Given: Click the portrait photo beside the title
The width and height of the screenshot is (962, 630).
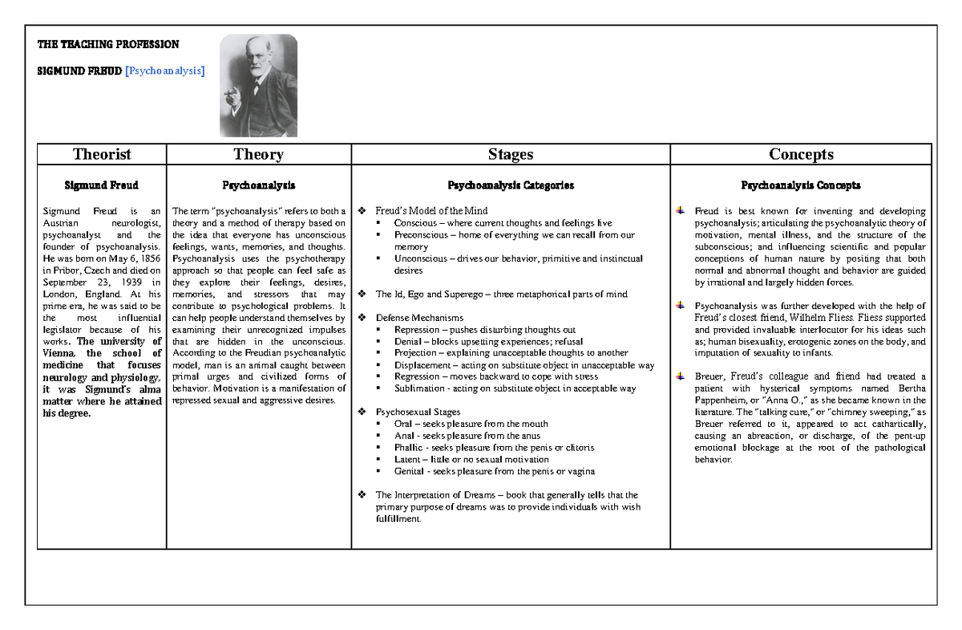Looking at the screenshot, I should tap(258, 85).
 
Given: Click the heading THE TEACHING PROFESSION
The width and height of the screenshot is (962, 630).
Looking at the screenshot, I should tap(108, 44).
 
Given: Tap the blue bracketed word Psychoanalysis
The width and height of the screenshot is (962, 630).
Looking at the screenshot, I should tap(165, 71).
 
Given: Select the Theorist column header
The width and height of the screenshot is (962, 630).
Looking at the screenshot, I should tap(102, 154).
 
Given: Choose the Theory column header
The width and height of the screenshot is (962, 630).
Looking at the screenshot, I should tap(258, 154).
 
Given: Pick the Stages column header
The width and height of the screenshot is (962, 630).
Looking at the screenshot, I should tap(510, 154).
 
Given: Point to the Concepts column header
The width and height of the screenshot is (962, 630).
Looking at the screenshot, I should tap(801, 154).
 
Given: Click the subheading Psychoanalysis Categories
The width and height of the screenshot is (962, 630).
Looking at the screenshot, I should tap(510, 185).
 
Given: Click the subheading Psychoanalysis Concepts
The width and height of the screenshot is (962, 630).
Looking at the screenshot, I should tap(801, 185).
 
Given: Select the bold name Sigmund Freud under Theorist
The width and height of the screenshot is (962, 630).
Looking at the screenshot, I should tap(102, 185).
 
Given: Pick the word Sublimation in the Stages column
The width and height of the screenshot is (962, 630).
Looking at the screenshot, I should tap(419, 388).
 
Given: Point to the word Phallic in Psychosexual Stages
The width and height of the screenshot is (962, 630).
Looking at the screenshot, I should tap(410, 448).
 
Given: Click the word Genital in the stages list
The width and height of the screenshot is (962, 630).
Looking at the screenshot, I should tap(410, 471).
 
